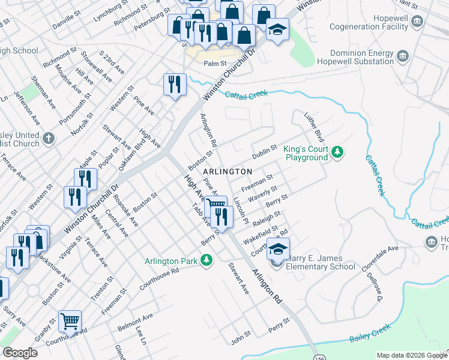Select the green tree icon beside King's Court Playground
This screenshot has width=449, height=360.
point(338,152)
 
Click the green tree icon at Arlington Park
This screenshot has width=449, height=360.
point(206,260)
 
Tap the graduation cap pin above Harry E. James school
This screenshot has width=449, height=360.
point(278,249)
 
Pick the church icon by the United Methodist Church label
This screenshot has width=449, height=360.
point(49,139)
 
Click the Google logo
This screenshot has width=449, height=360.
point(20,353)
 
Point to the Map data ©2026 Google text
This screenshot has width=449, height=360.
point(411,355)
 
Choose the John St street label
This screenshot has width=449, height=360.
point(240,340)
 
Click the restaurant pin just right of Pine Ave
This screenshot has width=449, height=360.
point(175,85)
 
